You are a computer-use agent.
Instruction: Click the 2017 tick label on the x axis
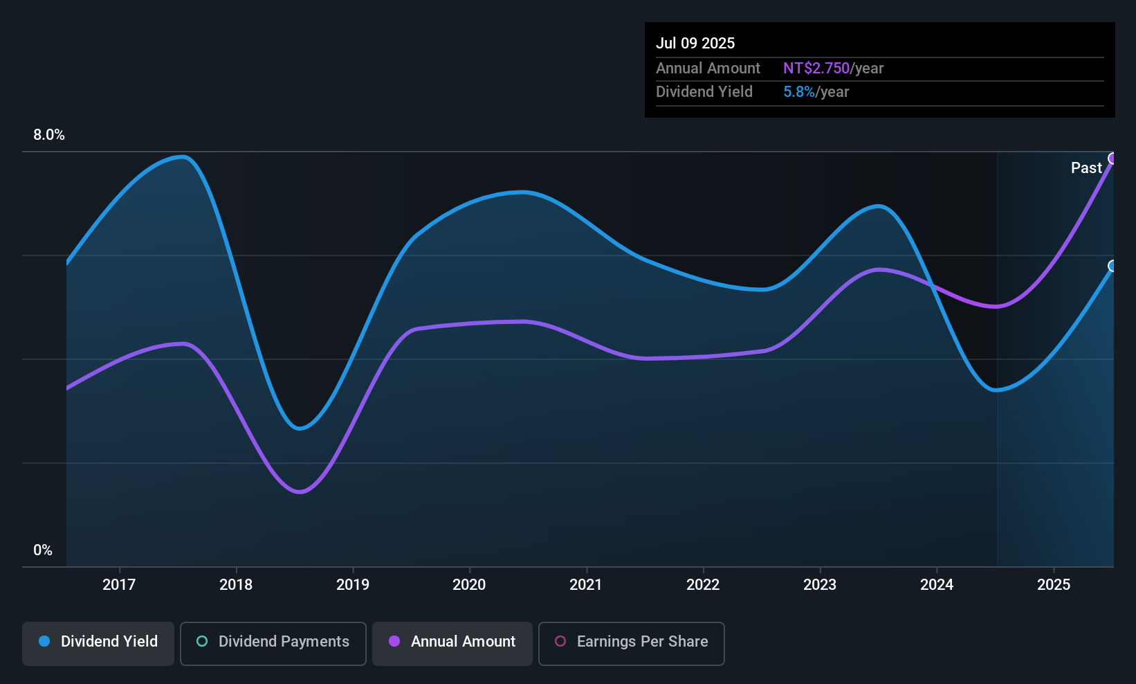click(x=119, y=584)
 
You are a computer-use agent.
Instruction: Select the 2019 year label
click(x=353, y=584)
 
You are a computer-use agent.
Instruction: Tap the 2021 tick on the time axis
click(x=586, y=584)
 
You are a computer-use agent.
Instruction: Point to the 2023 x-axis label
click(x=820, y=584)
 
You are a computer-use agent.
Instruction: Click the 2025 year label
click(x=1054, y=584)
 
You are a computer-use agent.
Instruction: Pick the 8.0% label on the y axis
click(x=49, y=135)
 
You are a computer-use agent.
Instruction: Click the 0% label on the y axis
click(x=43, y=550)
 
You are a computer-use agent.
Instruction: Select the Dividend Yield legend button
click(x=98, y=642)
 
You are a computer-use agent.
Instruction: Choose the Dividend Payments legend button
click(x=273, y=642)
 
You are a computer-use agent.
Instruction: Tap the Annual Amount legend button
click(x=452, y=642)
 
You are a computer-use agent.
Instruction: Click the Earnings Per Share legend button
click(x=631, y=642)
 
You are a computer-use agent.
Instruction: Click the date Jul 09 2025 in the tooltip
click(x=695, y=43)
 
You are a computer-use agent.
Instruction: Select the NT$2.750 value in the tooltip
click(x=816, y=69)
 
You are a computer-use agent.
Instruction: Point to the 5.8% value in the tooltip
click(x=799, y=92)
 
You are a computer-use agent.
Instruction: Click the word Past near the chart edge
click(x=1086, y=168)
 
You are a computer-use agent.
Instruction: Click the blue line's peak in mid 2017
click(x=183, y=156)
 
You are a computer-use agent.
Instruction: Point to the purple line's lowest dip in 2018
click(x=300, y=492)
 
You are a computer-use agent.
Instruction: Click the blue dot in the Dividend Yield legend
click(x=44, y=642)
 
